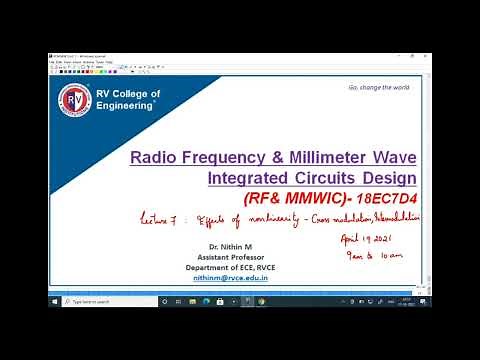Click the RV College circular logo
pyautogui.click(x=72, y=101)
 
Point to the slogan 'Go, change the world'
pyautogui.click(x=379, y=87)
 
